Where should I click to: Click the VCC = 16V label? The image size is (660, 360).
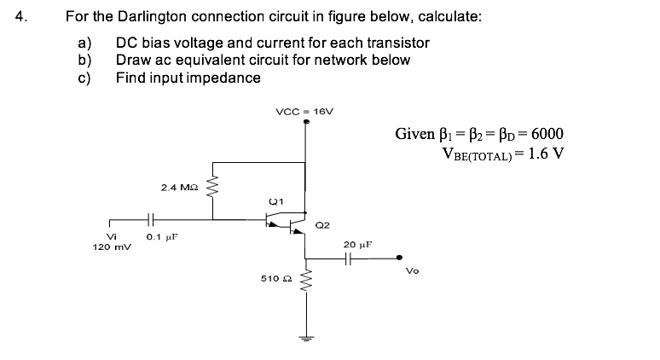(305, 112)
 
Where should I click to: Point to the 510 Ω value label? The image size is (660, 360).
(274, 279)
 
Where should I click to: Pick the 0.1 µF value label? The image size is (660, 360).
(159, 237)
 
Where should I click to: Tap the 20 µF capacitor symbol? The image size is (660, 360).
(353, 260)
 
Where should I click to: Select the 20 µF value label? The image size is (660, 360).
(356, 244)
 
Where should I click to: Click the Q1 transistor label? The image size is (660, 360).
(275, 202)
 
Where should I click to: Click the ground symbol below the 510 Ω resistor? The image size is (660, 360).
(305, 335)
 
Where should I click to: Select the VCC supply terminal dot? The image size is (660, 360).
(305, 123)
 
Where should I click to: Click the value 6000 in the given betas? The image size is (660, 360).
(545, 134)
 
